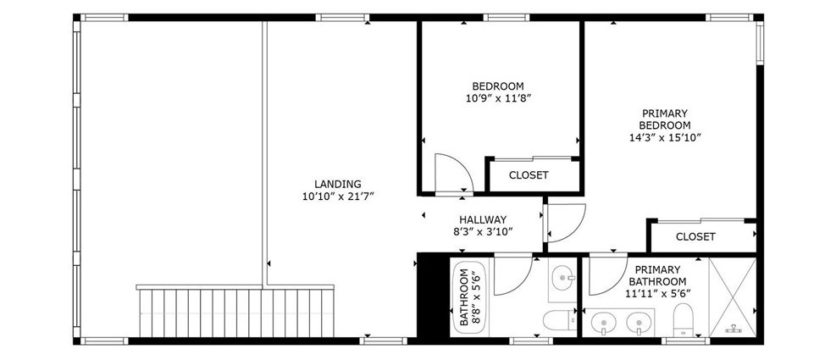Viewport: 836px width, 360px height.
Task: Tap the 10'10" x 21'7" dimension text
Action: click(337, 197)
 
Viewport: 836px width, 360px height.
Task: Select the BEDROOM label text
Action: click(498, 86)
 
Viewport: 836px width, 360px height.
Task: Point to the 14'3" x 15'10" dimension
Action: click(665, 137)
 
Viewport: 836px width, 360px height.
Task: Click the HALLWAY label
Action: click(483, 219)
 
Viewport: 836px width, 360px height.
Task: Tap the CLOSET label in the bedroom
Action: click(529, 175)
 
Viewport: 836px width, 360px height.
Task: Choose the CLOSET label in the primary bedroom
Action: click(695, 236)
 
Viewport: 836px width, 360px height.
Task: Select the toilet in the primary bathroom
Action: click(683, 319)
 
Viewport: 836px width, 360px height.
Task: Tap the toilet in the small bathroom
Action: click(559, 320)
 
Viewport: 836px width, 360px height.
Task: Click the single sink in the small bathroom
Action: click(563, 279)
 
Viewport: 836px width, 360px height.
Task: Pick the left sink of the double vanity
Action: click(604, 324)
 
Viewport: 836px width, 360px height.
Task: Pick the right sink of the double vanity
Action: click(639, 324)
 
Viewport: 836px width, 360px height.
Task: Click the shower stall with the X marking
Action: click(733, 297)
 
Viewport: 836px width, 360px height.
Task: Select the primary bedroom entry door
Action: click(565, 224)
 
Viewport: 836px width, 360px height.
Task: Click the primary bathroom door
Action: click(608, 276)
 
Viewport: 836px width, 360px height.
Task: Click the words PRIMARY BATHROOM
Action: click(657, 276)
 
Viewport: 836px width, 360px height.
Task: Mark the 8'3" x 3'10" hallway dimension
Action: click(483, 231)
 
